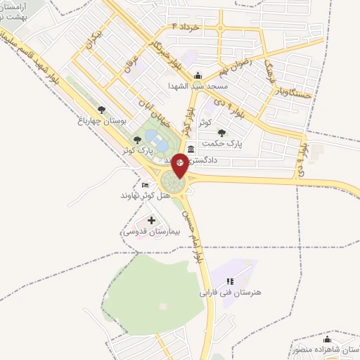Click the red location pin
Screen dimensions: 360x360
[181, 164]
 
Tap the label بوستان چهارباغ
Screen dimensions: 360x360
[102, 120]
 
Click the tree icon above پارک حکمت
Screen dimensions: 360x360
[221, 131]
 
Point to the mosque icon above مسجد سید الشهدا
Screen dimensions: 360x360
[198, 76]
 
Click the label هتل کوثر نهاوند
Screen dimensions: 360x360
[146, 194]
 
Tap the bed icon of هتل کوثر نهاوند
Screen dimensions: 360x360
[146, 184]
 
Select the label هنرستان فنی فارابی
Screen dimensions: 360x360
[230, 292]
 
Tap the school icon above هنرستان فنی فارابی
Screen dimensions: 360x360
[230, 281]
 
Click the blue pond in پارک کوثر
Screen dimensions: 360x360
[160, 144]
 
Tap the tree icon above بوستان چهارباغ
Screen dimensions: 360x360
[102, 110]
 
